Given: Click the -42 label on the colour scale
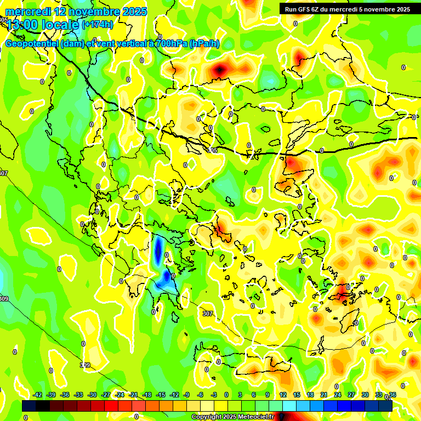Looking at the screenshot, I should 38,395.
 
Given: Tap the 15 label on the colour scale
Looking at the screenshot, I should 297,395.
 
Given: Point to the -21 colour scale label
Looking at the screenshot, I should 133,395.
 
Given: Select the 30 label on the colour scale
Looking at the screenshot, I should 365,395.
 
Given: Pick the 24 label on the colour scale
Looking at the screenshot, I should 338,395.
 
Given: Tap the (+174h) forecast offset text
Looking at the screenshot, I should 98,25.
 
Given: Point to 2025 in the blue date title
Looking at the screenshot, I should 132,12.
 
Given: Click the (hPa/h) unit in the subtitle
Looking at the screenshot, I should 204,44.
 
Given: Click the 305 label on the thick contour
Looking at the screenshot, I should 213,150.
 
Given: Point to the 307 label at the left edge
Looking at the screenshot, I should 4,173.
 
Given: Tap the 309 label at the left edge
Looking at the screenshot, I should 4,299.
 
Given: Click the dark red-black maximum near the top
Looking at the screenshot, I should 220,70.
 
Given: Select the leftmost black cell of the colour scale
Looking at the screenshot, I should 29,406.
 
